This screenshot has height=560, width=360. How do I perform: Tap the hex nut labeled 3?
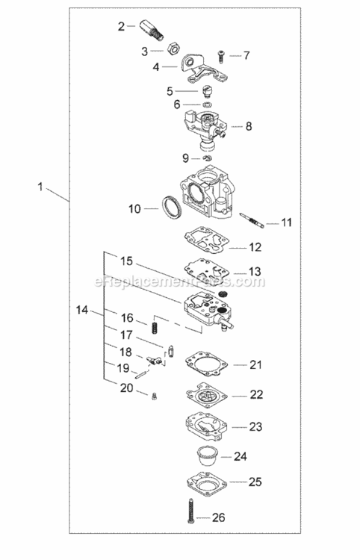pos(171,49)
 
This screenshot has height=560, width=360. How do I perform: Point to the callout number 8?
pos(248,126)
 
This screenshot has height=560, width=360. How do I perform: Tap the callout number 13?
pos(255,271)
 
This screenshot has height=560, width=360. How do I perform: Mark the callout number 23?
pos(255,427)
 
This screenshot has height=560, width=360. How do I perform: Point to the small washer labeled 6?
pos(207,105)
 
